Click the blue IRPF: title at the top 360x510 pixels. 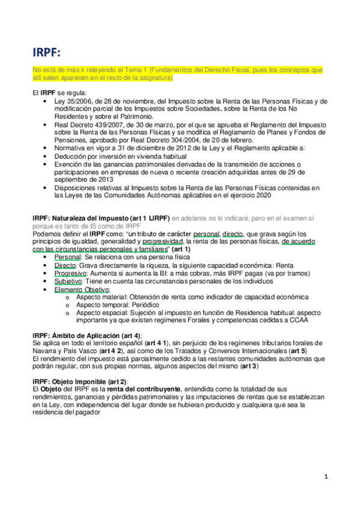pos(49,52)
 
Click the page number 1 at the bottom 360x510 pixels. pos(326,477)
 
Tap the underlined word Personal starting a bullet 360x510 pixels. pos(67,257)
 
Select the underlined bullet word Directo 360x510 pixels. pos(66,265)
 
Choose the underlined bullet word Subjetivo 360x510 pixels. pos(69,281)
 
